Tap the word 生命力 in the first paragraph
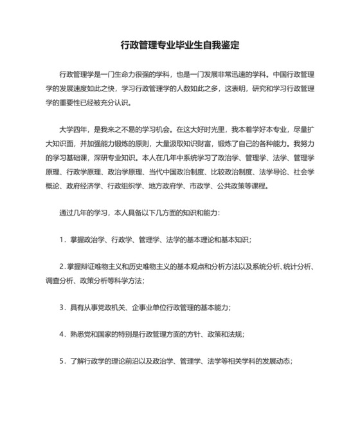[x=125, y=73]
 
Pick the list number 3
[x=61, y=307]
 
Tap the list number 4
[x=61, y=334]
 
